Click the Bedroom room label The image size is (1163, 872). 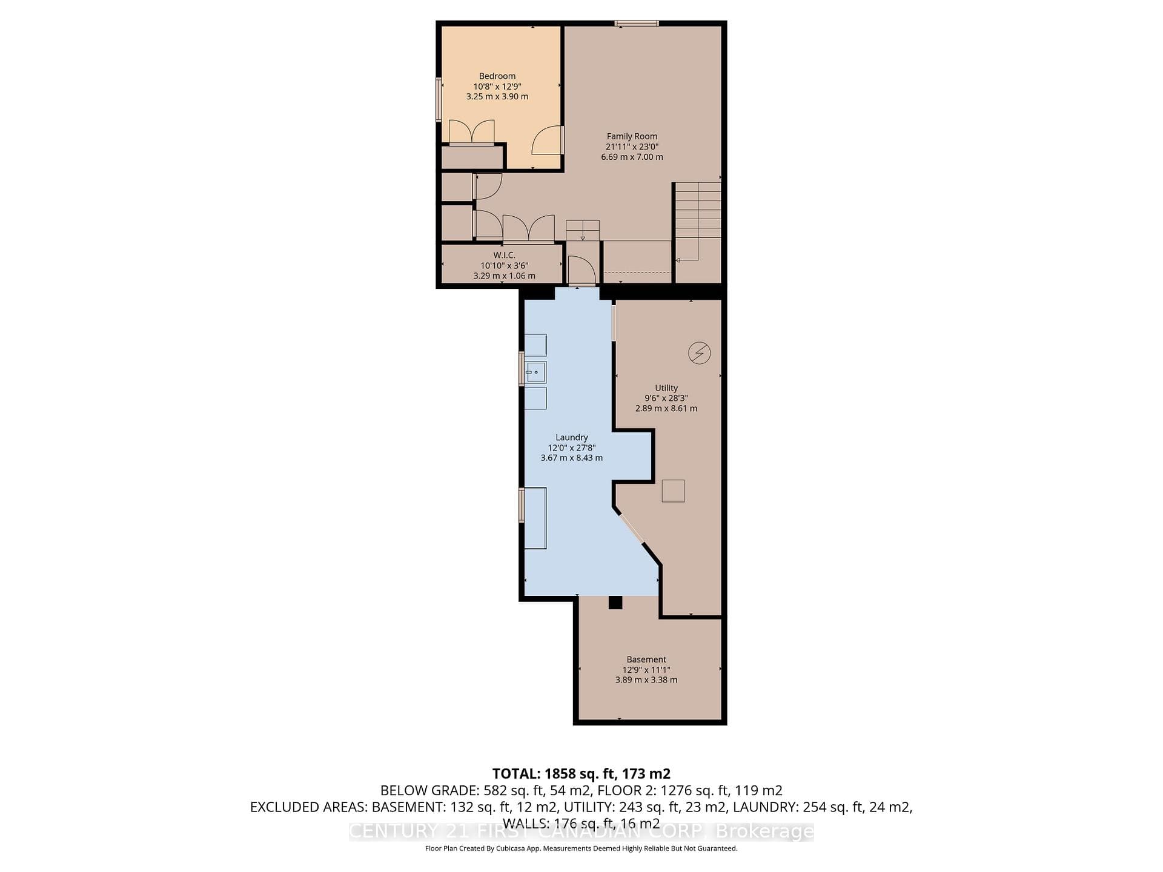pos(497,76)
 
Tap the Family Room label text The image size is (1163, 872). pos(632,137)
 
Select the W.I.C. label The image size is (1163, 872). pos(504,256)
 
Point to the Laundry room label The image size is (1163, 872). pos(572,438)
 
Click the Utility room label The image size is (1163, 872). pos(666,388)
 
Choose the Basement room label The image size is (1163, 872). pos(646,659)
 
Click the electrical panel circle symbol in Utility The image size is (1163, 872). pos(700,353)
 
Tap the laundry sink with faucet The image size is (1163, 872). pos(535,372)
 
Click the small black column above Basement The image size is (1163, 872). pos(615,603)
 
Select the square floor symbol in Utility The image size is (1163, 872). pos(673,491)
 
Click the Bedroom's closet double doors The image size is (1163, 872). pos(471,132)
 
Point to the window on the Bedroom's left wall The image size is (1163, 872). pos(439,99)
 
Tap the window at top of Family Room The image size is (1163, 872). pos(637,24)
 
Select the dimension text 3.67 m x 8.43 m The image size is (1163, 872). pos(572,458)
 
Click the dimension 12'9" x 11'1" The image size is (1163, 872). pos(646,670)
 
